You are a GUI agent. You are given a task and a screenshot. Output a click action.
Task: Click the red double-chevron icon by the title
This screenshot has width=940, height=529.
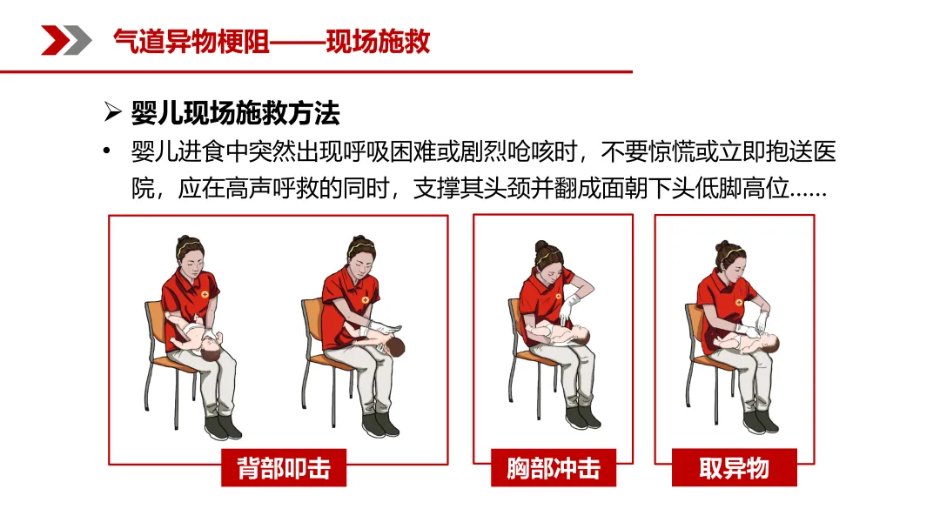pyautogui.click(x=66, y=40)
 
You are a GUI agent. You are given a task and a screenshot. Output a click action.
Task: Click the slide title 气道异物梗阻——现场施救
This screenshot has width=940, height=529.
pyautogui.click(x=272, y=42)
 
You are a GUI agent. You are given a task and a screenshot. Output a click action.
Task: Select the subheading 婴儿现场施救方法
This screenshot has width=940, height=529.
pyautogui.click(x=236, y=112)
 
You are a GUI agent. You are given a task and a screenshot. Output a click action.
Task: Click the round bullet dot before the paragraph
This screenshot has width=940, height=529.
pyautogui.click(x=107, y=151)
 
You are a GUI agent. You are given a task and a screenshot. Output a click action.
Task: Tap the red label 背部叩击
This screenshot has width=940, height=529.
pyautogui.click(x=284, y=468)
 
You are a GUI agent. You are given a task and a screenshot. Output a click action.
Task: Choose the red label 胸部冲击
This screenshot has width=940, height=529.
pyautogui.click(x=554, y=468)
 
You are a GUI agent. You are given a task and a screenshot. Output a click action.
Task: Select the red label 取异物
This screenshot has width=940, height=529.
pyautogui.click(x=735, y=468)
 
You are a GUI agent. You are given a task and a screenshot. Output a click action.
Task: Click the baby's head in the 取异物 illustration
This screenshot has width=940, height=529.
pyautogui.click(x=768, y=344)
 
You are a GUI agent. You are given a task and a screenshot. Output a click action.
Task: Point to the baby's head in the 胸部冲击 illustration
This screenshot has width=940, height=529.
pyautogui.click(x=580, y=335)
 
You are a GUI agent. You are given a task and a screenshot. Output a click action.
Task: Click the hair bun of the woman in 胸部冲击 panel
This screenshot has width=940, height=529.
pyautogui.click(x=540, y=245)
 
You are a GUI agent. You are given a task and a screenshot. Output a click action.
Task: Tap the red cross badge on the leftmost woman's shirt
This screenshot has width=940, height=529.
pyautogui.click(x=205, y=294)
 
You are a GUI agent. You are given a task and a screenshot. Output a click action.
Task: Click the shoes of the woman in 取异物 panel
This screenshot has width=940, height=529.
pyautogui.click(x=760, y=420)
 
